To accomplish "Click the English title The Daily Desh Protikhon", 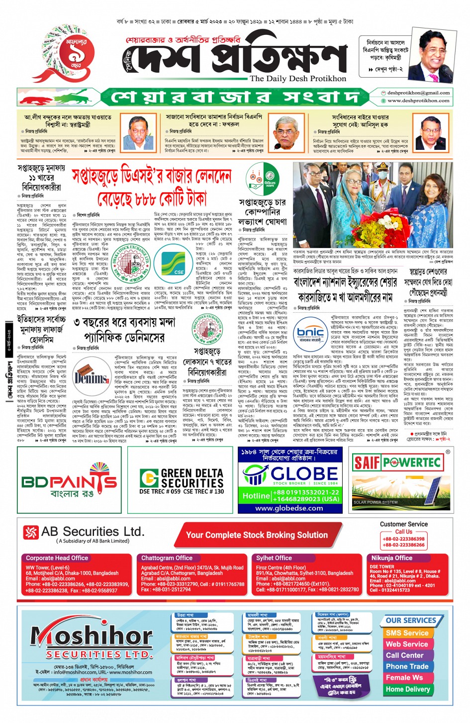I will (x=297, y=78).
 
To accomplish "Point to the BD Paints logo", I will (x=70, y=482).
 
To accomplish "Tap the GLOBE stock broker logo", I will (x=290, y=475).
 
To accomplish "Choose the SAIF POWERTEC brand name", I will (x=397, y=463).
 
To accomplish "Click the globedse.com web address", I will (x=289, y=508).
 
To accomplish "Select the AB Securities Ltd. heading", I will (x=93, y=532).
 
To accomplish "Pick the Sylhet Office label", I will (x=274, y=558).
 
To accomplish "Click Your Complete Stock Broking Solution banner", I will (x=257, y=535).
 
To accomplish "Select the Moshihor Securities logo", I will (x=92, y=641).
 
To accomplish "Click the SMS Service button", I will (x=407, y=633).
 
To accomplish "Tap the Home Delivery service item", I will (x=408, y=689).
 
